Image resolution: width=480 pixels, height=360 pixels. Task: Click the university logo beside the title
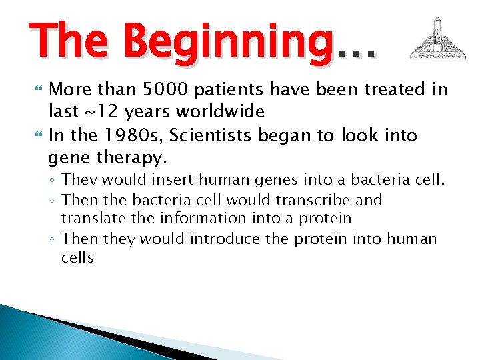[x=437, y=39]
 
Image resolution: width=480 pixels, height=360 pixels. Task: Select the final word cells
[x=77, y=257]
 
